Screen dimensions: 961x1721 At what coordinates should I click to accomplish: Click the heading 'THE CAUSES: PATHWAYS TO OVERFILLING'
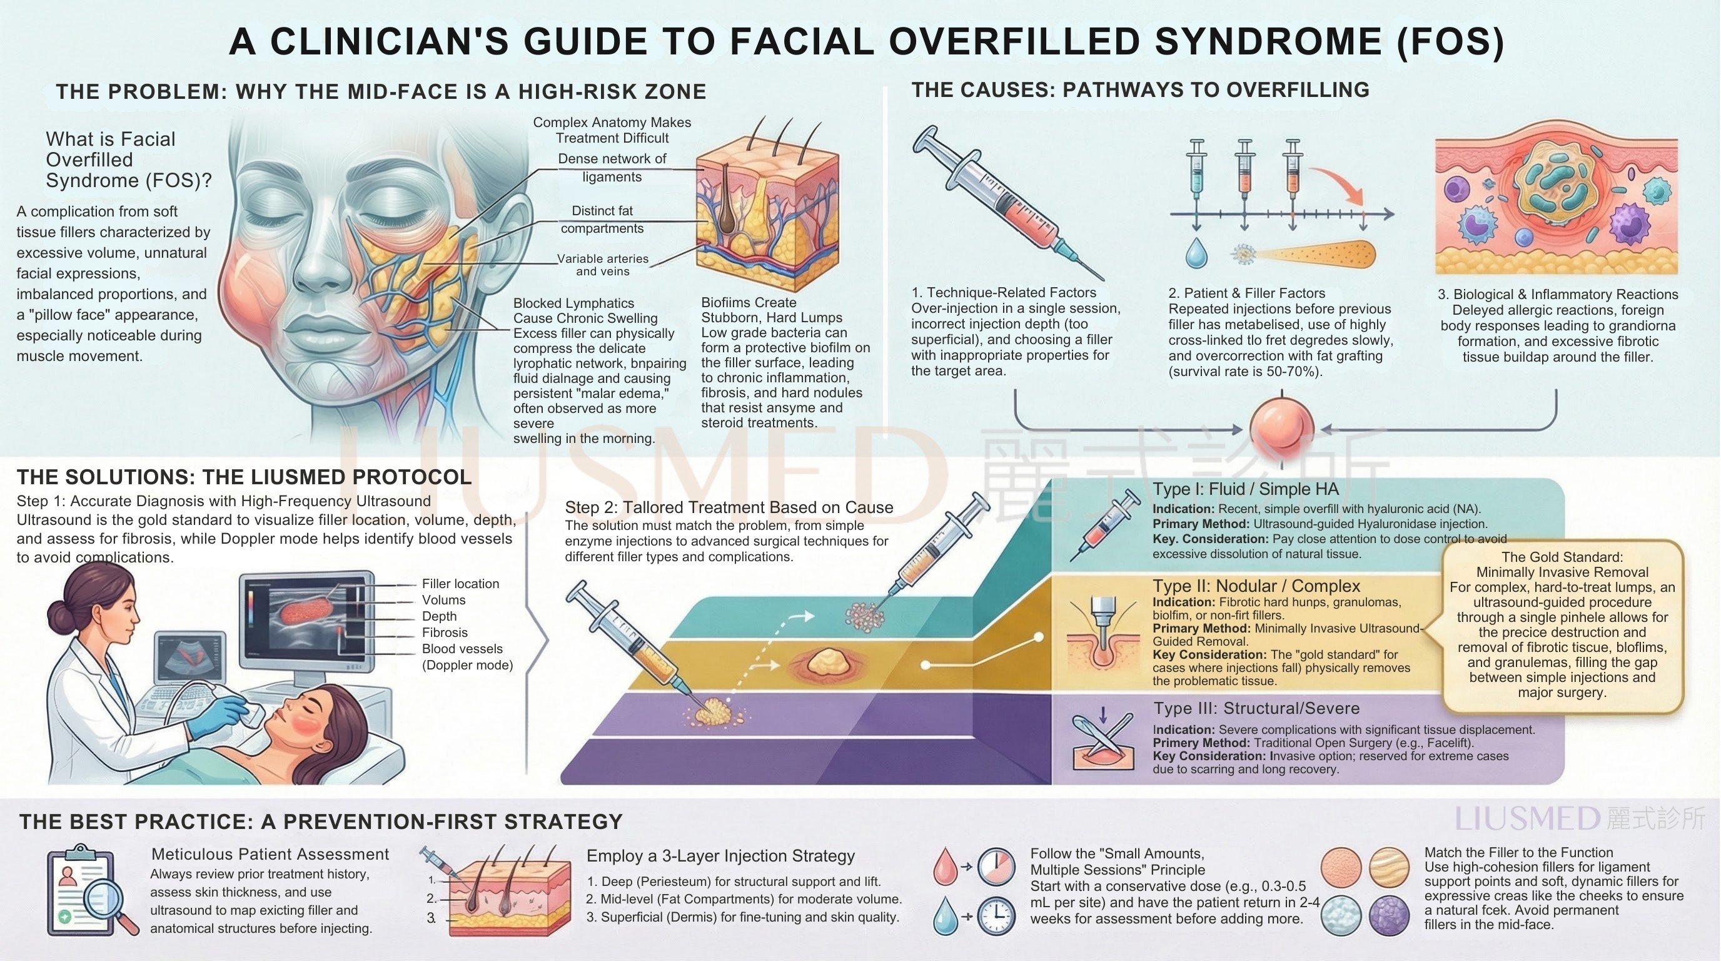coord(1141,89)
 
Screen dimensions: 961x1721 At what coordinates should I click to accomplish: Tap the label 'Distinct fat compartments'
coord(602,219)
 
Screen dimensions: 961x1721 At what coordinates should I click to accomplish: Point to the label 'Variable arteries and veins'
coord(603,265)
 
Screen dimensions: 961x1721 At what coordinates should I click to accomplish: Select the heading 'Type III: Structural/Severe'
coord(1256,708)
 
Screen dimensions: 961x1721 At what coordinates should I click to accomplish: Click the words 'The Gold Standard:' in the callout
coord(1562,557)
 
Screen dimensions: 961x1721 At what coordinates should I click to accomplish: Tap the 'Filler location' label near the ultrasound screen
coord(460,583)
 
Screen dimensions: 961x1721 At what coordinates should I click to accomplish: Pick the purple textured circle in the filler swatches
coord(1390,915)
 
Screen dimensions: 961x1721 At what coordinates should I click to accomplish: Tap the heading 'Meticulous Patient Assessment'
coord(270,854)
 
